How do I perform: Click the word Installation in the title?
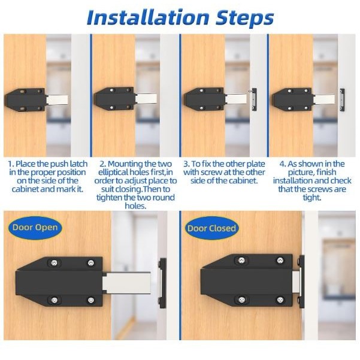coord(148,18)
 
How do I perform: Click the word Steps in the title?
coord(245,19)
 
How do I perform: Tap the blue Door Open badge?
coord(35,228)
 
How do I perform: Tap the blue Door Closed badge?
coord(211,228)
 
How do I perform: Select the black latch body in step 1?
coord(26,99)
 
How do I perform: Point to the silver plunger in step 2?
coord(146,98)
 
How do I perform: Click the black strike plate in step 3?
coord(255,99)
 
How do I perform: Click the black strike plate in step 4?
coord(342,100)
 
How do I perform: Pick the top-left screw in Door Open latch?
coord(54,262)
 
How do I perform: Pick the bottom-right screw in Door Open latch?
coord(91,300)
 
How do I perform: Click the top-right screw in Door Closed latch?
coord(280,261)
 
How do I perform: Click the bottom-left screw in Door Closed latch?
coord(241,300)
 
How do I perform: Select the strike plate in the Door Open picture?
coord(163,283)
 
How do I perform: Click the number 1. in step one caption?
coord(11,164)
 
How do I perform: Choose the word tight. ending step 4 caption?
coord(312,198)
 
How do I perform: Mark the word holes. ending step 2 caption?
coord(135,205)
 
